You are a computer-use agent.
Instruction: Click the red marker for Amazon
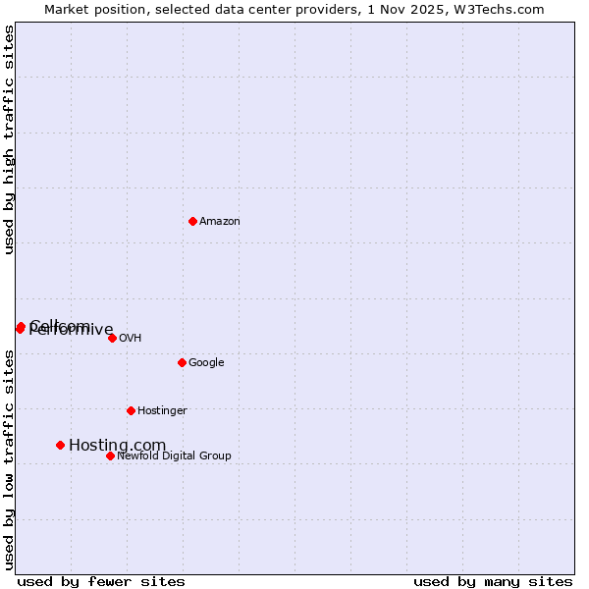pos(192,221)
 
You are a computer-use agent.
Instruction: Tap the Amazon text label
pos(220,222)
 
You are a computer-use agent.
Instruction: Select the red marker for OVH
pos(112,338)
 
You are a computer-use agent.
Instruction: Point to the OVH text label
pos(131,339)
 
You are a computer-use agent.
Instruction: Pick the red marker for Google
pos(182,362)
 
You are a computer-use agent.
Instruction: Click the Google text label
pos(206,363)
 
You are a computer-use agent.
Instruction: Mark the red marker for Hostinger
pos(131,410)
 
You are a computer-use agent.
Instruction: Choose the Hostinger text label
pos(162,411)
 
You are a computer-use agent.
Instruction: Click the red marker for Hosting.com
pos(60,445)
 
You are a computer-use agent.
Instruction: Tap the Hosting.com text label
pos(118,446)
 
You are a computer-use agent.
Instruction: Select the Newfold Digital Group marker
pos(110,455)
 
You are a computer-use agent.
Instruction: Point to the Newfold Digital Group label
pos(174,456)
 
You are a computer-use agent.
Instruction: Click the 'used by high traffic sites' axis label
pos(10,139)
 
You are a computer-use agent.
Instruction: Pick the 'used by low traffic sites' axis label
pos(10,459)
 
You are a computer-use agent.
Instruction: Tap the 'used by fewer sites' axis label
pos(101,582)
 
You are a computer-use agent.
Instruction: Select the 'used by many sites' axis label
pos(493,582)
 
